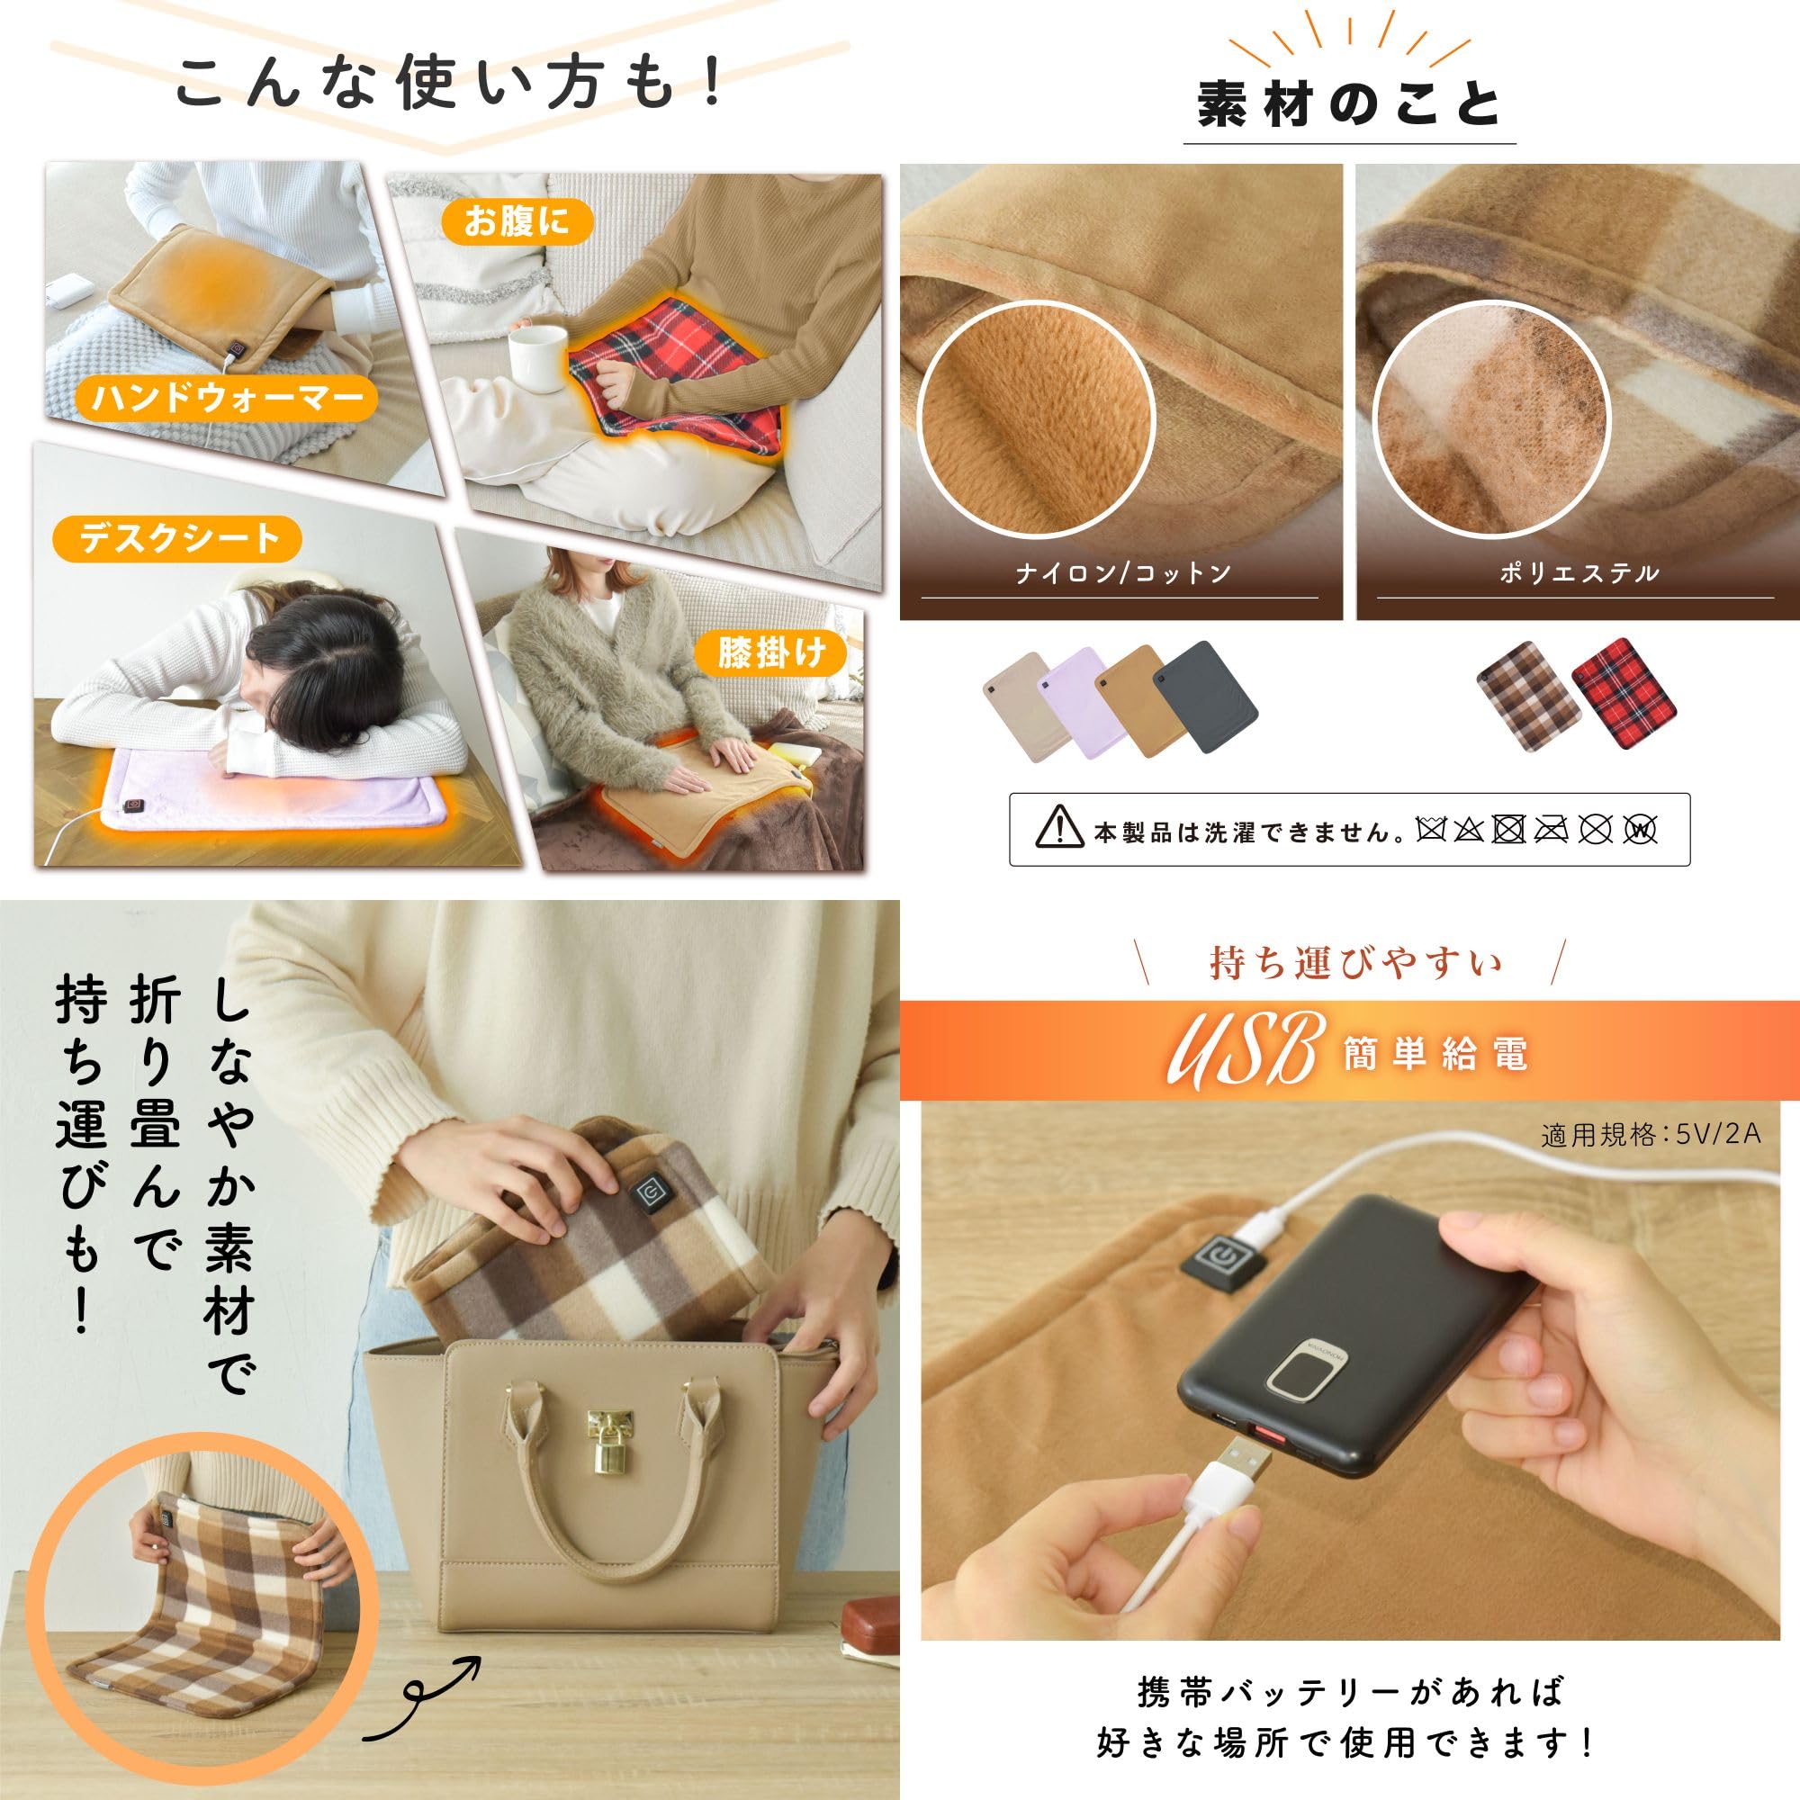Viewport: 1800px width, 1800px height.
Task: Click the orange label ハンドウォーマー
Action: [x=227, y=398]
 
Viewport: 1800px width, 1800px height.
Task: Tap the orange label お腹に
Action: [x=515, y=221]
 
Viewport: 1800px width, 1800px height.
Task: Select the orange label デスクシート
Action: [x=177, y=539]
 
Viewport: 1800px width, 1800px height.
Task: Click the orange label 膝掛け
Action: [x=770, y=653]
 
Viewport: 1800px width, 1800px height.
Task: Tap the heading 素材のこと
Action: [x=1348, y=105]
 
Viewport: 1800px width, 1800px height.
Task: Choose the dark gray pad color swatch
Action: [x=1205, y=695]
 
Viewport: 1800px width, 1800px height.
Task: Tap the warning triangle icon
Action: [x=1058, y=828]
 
